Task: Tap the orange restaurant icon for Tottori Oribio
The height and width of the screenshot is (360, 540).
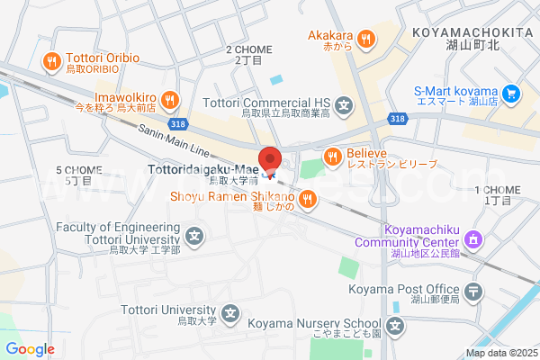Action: (51, 62)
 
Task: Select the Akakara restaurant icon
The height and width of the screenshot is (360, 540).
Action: (365, 39)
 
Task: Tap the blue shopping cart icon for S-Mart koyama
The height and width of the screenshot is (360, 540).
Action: (511, 93)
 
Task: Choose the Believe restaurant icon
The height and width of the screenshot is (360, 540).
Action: (333, 157)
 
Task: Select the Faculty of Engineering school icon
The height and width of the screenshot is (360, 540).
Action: (194, 237)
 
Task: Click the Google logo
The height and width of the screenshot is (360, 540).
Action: (30, 349)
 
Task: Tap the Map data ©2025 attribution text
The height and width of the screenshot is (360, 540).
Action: (499, 353)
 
